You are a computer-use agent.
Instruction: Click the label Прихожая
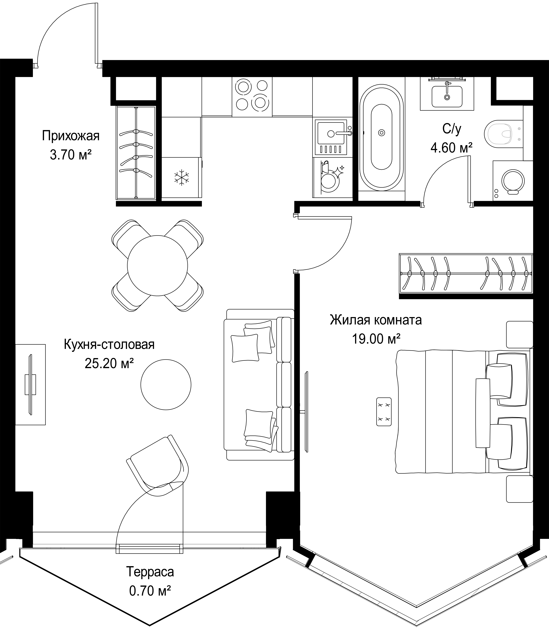(71, 136)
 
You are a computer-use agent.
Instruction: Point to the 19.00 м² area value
(376, 339)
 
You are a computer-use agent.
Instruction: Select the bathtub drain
(381, 133)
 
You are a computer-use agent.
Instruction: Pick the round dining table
(157, 265)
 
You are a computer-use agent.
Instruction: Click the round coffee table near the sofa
(166, 384)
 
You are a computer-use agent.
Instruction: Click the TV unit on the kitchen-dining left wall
(30, 384)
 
